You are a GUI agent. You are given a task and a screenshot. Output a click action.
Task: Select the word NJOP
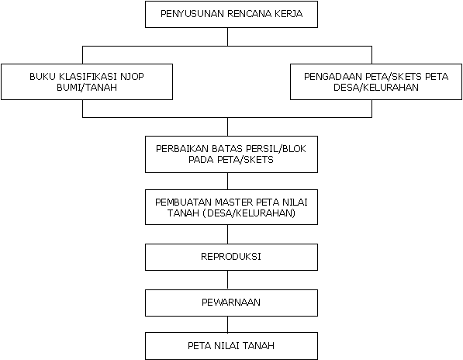click(132, 77)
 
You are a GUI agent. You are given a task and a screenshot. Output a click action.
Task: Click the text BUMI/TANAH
click(87, 88)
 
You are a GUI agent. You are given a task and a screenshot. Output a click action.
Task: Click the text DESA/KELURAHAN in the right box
click(376, 88)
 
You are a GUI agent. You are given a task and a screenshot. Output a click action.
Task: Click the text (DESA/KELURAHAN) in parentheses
click(249, 213)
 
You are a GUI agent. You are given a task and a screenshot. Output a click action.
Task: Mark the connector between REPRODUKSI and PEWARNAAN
click(228, 280)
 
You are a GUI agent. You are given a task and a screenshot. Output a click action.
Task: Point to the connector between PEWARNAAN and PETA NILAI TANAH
click(228, 324)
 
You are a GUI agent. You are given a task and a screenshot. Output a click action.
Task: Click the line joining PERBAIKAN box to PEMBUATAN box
click(228, 181)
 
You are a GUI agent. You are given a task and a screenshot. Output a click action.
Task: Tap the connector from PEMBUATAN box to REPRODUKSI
click(228, 234)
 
